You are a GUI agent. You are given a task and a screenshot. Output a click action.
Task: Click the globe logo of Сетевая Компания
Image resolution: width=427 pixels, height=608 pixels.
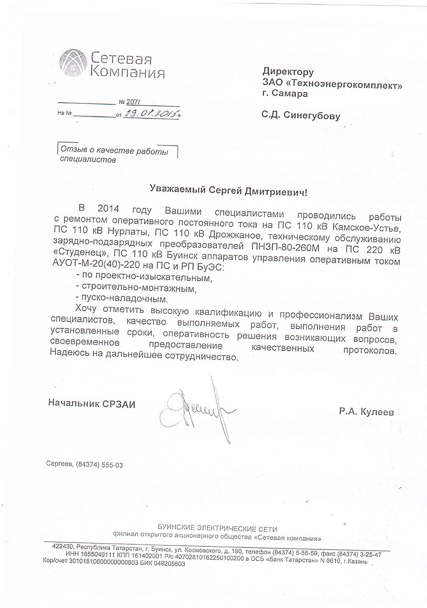(x=73, y=63)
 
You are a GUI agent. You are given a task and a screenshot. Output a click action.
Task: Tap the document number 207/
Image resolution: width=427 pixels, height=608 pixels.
(x=133, y=102)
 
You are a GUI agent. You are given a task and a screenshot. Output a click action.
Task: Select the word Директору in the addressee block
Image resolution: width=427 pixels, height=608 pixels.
(x=288, y=72)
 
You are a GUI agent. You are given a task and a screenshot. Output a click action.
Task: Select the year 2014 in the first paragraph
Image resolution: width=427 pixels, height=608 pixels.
(x=108, y=209)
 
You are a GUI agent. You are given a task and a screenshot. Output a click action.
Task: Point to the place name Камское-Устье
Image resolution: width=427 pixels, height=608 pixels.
(x=367, y=228)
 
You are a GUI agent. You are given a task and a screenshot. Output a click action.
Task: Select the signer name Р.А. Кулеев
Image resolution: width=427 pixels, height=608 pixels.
(x=366, y=411)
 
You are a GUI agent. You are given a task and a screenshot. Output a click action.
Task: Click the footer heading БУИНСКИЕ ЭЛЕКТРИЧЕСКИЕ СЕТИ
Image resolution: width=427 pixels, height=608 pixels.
(x=217, y=528)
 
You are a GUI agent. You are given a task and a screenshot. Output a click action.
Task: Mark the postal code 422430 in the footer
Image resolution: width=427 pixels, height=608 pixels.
(x=63, y=547)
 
